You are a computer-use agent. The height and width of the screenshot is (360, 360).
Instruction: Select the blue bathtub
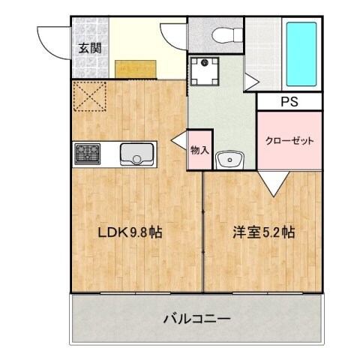302,54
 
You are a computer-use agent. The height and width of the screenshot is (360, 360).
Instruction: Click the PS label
289,100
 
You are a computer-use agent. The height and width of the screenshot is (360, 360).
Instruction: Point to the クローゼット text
289,140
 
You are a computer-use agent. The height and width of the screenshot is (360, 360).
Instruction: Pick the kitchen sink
136,155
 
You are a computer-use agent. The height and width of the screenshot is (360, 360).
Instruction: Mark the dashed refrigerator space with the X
90,96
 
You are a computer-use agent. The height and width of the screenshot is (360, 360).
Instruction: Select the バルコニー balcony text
197,319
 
